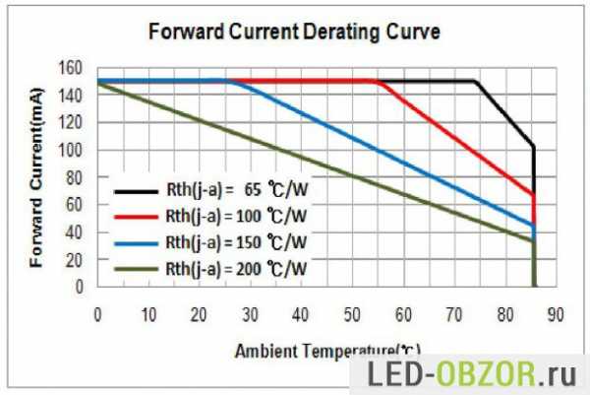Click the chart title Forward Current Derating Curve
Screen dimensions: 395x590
tap(293, 32)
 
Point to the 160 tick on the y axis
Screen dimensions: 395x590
tap(72, 68)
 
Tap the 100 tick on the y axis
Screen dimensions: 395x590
tap(72, 150)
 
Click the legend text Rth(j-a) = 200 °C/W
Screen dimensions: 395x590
tap(236, 267)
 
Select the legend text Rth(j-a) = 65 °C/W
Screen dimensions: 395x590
tap(236, 188)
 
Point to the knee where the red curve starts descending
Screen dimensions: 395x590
tap(380, 82)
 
